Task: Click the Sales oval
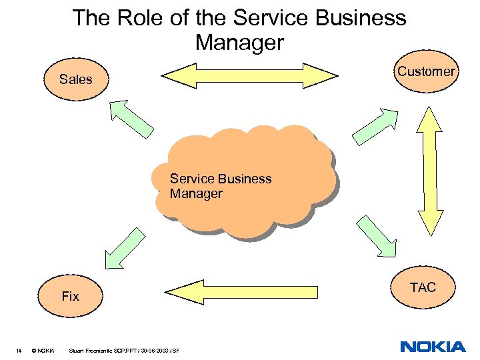(x=76, y=80)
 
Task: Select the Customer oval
(x=426, y=72)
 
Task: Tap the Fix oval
(x=70, y=296)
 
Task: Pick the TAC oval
(x=423, y=287)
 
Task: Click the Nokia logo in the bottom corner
(x=433, y=347)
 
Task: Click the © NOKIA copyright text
(x=43, y=351)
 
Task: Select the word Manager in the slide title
(x=240, y=43)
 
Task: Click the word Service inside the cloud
(x=191, y=179)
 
